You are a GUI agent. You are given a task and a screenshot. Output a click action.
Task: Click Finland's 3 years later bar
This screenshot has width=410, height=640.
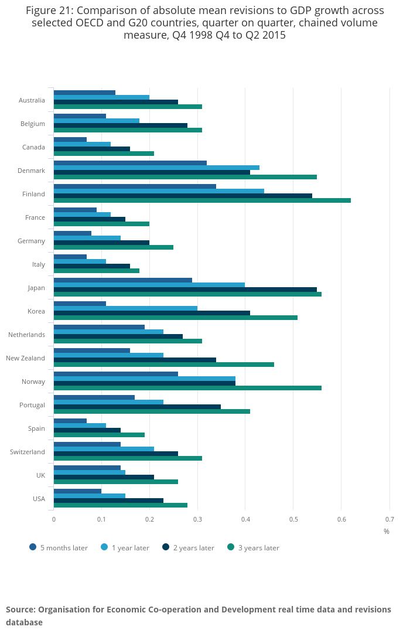pyautogui.click(x=202, y=200)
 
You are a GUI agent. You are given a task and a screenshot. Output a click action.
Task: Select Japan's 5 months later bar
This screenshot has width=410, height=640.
pyautogui.click(x=123, y=280)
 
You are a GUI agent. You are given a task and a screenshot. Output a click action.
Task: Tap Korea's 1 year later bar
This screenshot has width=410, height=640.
pyautogui.click(x=125, y=308)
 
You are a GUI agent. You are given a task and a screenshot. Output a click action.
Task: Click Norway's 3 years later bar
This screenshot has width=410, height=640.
pyautogui.click(x=187, y=388)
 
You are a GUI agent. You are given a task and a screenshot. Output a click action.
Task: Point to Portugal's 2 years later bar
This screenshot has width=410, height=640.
pyautogui.click(x=137, y=407)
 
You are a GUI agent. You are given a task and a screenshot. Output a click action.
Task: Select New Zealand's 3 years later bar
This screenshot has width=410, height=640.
pyautogui.click(x=164, y=365)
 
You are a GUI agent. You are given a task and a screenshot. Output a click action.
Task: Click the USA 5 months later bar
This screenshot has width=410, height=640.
pyautogui.click(x=77, y=491)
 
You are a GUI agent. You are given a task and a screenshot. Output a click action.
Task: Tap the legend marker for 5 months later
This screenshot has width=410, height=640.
pyautogui.click(x=33, y=547)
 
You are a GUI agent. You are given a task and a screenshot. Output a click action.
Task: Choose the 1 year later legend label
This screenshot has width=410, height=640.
pyautogui.click(x=130, y=548)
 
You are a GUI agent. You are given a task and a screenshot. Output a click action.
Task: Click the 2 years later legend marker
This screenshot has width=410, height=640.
pyautogui.click(x=166, y=547)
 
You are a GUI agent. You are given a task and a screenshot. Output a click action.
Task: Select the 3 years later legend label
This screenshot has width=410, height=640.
pyautogui.click(x=258, y=548)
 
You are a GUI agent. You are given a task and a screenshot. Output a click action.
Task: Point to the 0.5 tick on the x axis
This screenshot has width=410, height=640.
pyautogui.click(x=293, y=519)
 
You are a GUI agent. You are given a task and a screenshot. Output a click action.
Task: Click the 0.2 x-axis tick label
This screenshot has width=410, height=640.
pyautogui.click(x=149, y=519)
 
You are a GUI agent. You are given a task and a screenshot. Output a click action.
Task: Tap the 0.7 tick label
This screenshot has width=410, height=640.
pyautogui.click(x=389, y=519)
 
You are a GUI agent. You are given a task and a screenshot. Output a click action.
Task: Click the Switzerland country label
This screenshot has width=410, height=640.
pyautogui.click(x=28, y=452)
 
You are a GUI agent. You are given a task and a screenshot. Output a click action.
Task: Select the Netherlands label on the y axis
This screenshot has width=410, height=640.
pyautogui.click(x=26, y=335)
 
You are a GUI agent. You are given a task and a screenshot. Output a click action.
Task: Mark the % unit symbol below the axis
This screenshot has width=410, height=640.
pyautogui.click(x=387, y=532)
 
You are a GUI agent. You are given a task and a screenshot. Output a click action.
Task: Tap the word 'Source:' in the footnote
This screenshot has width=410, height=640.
pyautogui.click(x=20, y=610)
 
